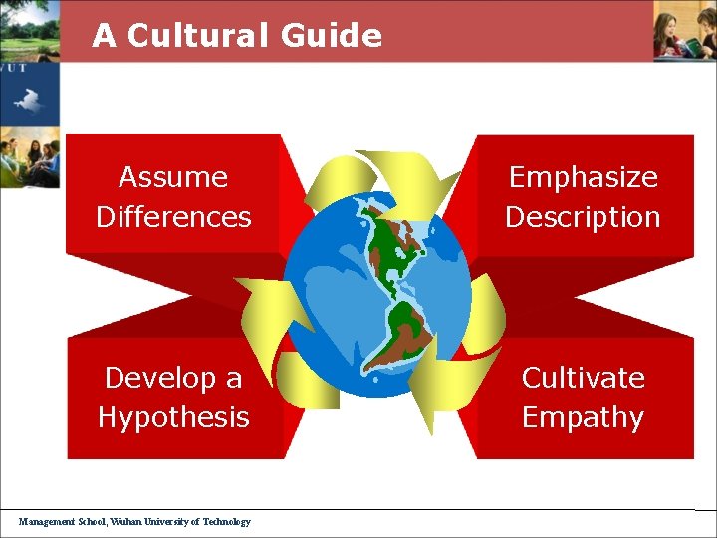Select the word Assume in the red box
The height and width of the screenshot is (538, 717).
pos(173,177)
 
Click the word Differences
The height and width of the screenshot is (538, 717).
pos(173,217)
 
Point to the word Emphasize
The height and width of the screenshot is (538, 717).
pos(584,177)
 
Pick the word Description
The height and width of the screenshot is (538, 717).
pos(584,217)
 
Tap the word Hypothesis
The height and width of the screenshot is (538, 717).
pos(173,417)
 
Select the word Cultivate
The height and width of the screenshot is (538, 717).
pos(584,378)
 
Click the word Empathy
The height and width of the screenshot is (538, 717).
pos(584,417)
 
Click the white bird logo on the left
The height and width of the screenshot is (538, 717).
pos(27,100)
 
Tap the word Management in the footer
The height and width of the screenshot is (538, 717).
pos(46,521)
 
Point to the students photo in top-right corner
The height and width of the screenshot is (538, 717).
pos(685,30)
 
